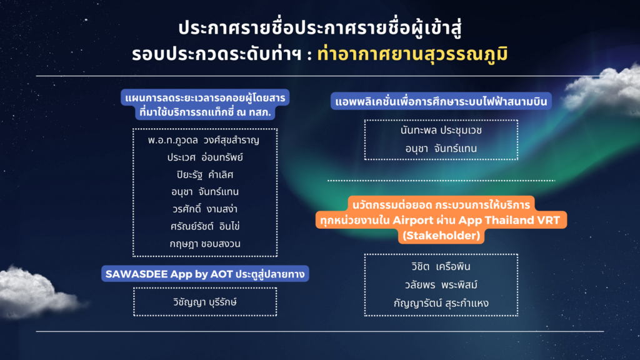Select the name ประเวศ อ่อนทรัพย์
204,157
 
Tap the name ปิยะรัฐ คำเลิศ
204,174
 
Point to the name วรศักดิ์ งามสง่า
204,209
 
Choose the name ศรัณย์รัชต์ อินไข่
204,226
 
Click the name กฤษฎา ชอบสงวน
204,243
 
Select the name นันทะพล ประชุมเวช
441,131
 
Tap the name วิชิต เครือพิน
441,267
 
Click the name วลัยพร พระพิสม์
441,285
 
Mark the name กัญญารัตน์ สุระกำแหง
441,303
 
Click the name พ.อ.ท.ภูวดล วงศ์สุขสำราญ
204,139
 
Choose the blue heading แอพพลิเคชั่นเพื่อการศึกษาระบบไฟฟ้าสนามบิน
441,101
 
